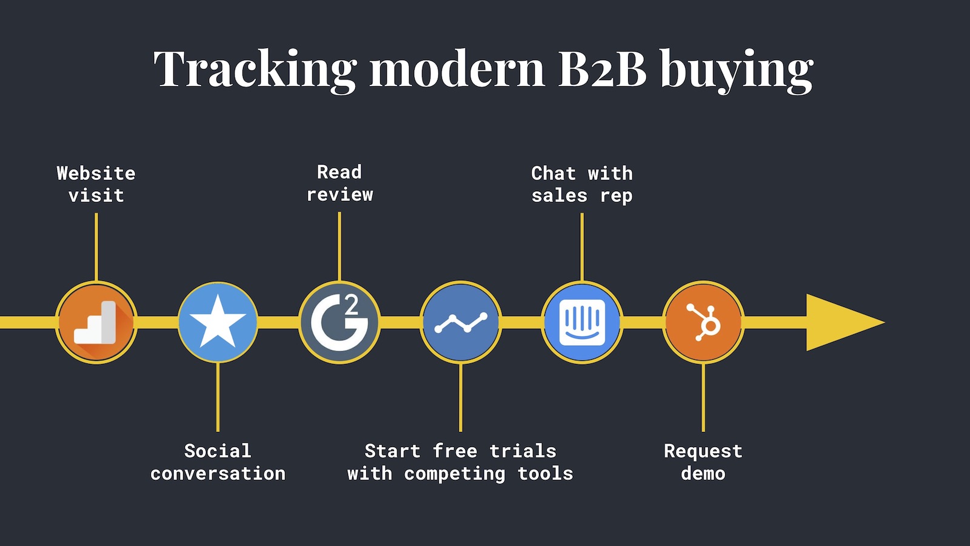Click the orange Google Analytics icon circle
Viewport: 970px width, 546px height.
96,322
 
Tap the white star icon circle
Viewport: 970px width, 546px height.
218,322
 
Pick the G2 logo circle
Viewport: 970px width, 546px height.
339,322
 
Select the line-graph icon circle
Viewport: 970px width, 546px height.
461,322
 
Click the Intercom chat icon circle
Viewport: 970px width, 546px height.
582,322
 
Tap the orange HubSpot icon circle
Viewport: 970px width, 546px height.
703,322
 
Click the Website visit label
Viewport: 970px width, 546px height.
96,184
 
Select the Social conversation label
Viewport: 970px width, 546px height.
218,462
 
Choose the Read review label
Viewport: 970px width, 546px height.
339,183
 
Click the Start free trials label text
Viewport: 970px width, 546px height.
460,462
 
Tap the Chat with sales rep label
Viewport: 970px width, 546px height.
582,184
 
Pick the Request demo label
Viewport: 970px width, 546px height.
703,462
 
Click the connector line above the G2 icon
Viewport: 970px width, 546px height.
339,246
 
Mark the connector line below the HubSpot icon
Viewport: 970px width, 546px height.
703,397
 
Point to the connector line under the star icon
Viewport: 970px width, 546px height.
218,397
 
